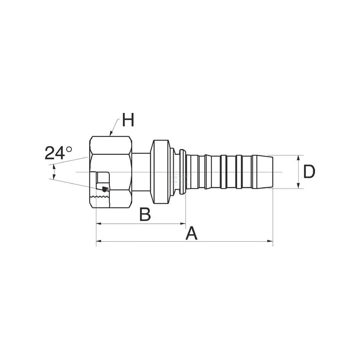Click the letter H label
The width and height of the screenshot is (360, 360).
[x=128, y=120]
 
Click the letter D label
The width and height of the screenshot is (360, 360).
[x=309, y=172]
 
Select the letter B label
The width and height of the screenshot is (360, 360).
[x=145, y=215]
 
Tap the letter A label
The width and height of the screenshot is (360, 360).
[x=192, y=233]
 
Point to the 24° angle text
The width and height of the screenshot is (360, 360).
[x=58, y=153]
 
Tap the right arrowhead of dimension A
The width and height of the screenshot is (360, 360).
[x=270, y=241]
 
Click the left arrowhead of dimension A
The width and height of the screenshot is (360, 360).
[x=99, y=241]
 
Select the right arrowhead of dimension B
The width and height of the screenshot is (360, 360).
[x=183, y=223]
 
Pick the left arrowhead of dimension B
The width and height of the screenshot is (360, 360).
[x=99, y=223]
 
